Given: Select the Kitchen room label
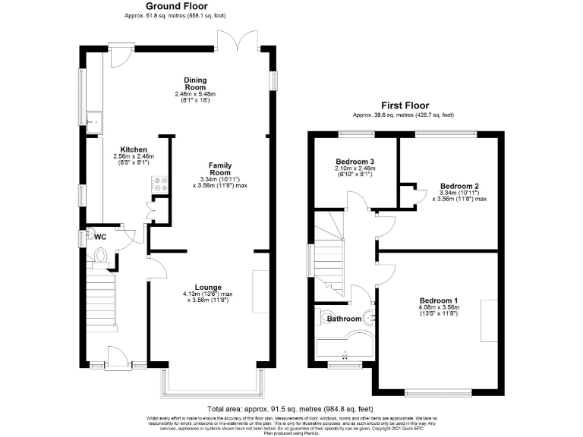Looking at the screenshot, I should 133,149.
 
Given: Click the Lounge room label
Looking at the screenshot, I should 207,287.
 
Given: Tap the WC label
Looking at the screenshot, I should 99,236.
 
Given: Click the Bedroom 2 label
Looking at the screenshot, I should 459,186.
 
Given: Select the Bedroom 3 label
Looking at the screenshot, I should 355,162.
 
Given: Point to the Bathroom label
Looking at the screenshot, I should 343,319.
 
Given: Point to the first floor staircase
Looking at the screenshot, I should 329,254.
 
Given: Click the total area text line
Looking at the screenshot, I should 292,408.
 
